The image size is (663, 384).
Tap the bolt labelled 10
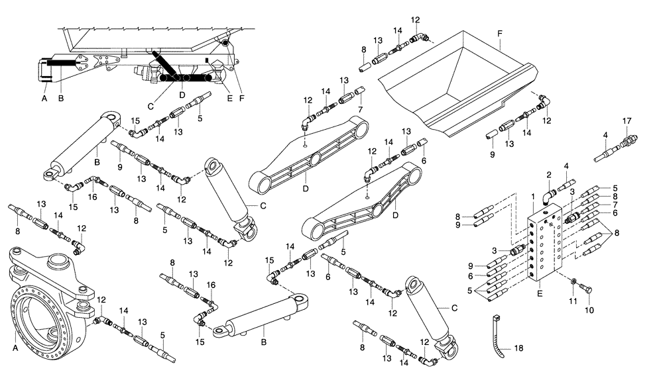click(586, 289)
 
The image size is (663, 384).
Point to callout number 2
click(549, 175)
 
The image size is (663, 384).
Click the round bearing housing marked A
click(46, 298)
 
